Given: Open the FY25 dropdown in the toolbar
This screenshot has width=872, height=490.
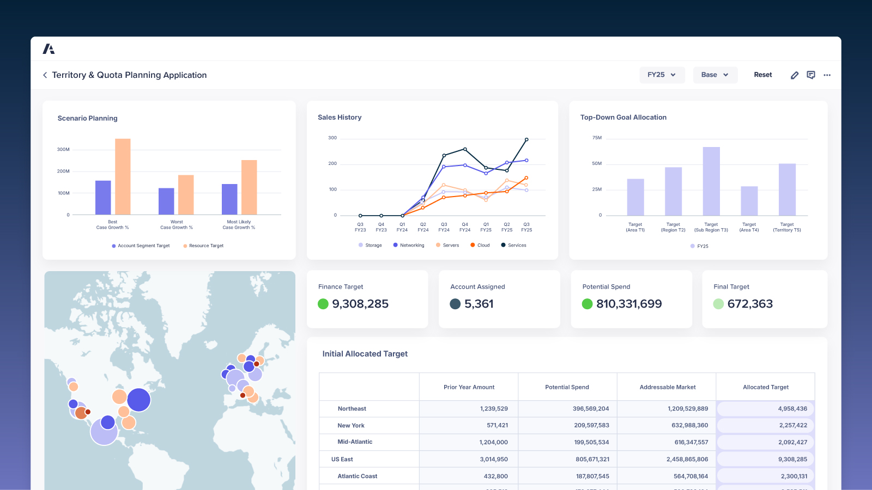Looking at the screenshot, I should tap(661, 75).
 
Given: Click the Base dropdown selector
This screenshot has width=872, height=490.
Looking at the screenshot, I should tap(714, 75).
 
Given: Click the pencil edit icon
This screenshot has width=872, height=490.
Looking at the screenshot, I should tap(795, 75).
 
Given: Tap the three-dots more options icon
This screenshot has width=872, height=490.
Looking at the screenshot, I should tap(827, 75).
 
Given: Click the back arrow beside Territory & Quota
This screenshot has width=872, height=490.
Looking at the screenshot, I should tap(45, 75).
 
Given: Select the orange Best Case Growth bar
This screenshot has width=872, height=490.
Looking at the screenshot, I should tap(123, 177).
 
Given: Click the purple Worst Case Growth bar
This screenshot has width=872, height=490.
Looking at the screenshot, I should tap(166, 201).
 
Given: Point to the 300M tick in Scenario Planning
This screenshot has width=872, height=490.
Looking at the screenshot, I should tap(63, 149).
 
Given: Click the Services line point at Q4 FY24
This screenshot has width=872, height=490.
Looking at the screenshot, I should tap(465, 149).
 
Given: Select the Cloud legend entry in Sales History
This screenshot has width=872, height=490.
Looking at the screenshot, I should tap(480, 246).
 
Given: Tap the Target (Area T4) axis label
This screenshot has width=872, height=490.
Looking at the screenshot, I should tap(749, 227).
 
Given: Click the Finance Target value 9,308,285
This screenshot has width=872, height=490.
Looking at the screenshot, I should tap(360, 304).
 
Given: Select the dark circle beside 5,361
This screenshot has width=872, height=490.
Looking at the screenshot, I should tap(455, 304).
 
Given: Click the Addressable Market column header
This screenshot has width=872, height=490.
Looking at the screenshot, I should tap(667, 387).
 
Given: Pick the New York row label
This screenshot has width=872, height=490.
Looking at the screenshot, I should tap(351, 426).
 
